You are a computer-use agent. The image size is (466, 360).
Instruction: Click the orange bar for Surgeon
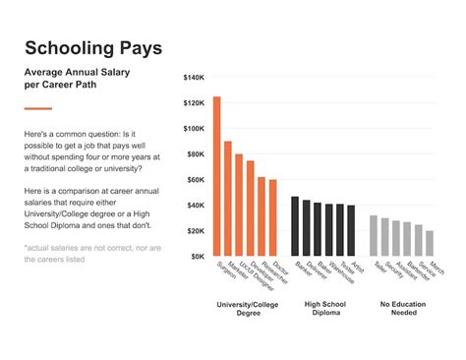coord(217,177)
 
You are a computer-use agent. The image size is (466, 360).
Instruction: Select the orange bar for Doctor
coord(272,217)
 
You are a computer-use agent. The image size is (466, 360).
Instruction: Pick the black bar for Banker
coord(295,226)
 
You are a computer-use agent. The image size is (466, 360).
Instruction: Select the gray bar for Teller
coord(374,236)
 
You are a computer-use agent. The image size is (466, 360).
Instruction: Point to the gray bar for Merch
coord(430,243)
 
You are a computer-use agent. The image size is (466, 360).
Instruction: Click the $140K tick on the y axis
coord(194,78)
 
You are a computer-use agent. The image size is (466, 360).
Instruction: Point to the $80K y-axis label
coord(196,154)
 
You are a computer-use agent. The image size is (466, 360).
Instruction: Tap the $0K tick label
coord(198,257)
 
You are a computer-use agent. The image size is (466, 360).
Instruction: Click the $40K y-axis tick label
coord(196,206)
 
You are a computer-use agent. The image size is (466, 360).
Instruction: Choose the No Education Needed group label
coord(402,310)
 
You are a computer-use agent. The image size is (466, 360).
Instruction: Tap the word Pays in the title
coord(142,48)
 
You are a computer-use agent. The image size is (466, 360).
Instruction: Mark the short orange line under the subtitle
coord(37,108)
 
